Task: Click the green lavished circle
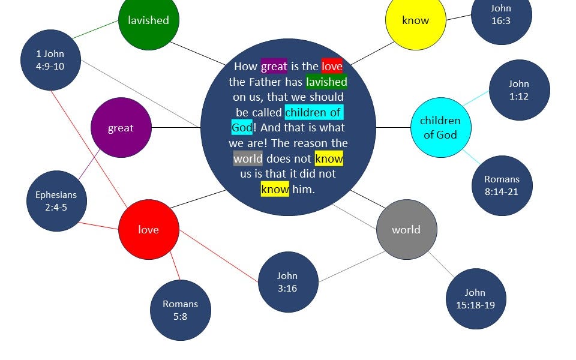tap(149, 20)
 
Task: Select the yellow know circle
tap(416, 20)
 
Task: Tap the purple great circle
tap(121, 127)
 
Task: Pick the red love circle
tap(149, 229)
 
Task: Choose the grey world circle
tap(407, 229)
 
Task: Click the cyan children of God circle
tap(440, 127)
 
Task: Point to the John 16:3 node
tap(502, 14)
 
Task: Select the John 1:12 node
tap(520, 90)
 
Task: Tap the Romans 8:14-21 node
tap(502, 185)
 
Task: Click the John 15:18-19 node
tap(476, 299)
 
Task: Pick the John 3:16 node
tap(288, 282)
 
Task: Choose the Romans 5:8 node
tap(181, 310)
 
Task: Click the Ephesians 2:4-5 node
tap(56, 201)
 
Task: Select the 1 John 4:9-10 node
tap(50, 60)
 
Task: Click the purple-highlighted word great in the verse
tap(274, 66)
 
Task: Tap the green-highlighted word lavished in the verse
tap(326, 82)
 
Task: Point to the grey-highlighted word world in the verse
tap(248, 158)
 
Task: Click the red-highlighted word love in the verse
tap(332, 66)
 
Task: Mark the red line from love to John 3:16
tap(218, 256)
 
